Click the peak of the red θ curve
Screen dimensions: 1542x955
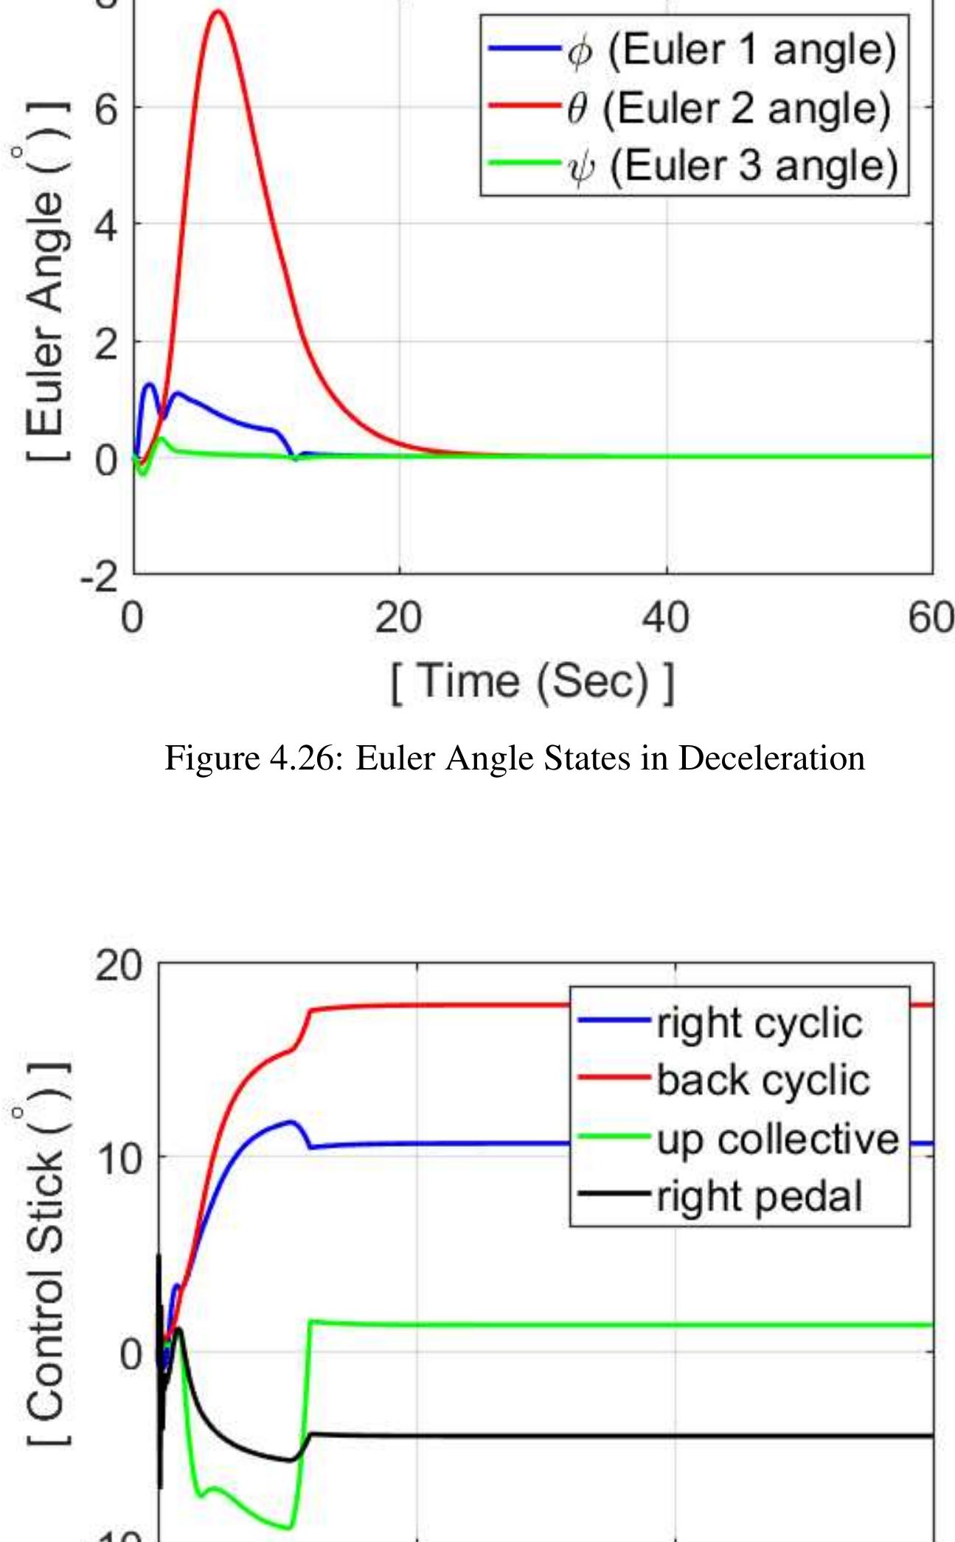tap(218, 12)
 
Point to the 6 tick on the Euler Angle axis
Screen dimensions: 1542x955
tap(105, 108)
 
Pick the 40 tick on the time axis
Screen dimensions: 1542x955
tap(665, 618)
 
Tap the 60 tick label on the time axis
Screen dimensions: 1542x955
tap(931, 618)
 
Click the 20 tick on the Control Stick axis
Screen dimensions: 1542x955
tap(118, 964)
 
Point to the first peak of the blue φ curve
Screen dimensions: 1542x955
tap(150, 384)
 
